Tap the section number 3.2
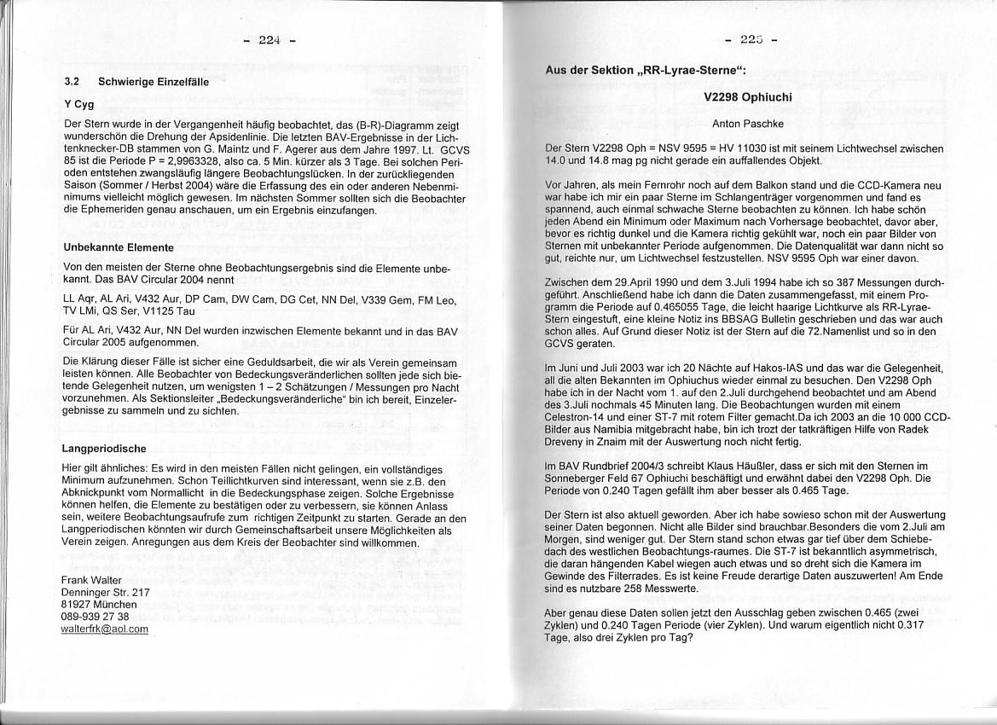(72, 83)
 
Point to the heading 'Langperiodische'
(104, 449)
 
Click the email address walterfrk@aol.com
(104, 629)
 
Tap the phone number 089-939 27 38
(96, 616)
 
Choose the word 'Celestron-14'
(574, 417)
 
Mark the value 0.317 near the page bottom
(913, 624)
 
